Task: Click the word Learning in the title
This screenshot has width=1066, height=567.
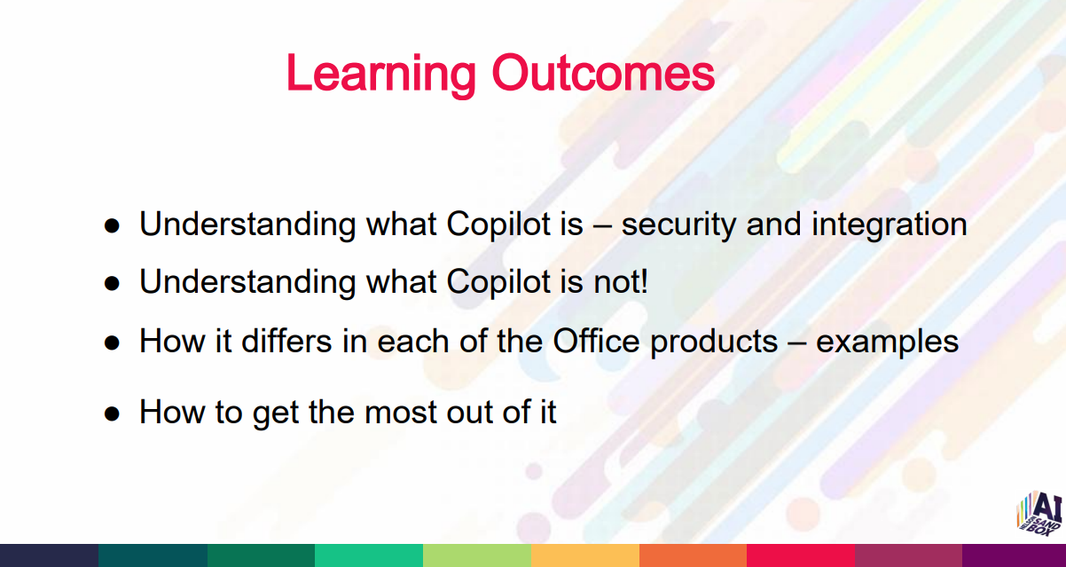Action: (x=380, y=75)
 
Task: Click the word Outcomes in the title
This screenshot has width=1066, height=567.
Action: (x=603, y=73)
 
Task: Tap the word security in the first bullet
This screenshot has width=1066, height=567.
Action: (x=678, y=225)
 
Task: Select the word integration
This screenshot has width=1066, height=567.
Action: (x=889, y=225)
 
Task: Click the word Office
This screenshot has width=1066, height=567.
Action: (x=596, y=341)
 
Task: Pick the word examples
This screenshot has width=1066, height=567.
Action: (x=887, y=343)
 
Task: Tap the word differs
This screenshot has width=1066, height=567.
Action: (x=286, y=341)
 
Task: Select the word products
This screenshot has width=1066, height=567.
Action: (x=714, y=342)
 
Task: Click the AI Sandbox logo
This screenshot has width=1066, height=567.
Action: (x=1039, y=513)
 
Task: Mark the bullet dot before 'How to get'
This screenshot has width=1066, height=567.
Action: (x=112, y=413)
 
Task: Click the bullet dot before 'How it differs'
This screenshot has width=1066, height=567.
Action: (x=112, y=343)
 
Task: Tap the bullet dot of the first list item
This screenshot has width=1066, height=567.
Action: (x=112, y=226)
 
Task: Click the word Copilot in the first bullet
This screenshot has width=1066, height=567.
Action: (x=498, y=224)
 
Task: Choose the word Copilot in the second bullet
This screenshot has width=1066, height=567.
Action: (x=498, y=283)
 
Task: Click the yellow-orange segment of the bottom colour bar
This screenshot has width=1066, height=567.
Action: (x=584, y=555)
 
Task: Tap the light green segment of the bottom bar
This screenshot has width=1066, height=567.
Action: (x=477, y=555)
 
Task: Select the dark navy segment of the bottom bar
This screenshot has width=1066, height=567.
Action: (x=49, y=555)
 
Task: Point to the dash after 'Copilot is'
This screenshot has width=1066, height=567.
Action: (x=602, y=227)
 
